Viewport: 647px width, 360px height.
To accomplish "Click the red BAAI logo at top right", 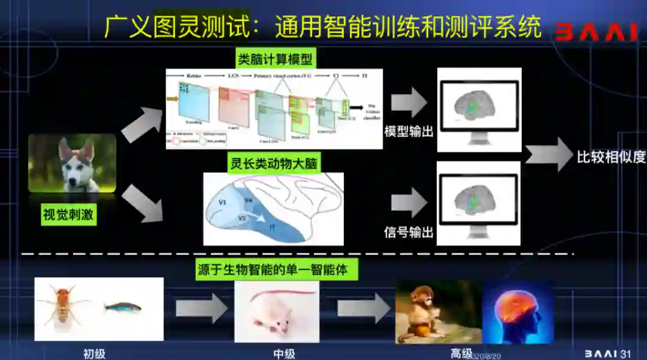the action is [595, 32].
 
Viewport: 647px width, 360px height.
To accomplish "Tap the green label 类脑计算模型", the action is [276, 59].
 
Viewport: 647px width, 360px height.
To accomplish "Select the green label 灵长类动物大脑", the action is [273, 163].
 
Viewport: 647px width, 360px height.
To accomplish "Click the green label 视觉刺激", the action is [68, 214].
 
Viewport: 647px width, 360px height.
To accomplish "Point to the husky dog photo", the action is [72, 162].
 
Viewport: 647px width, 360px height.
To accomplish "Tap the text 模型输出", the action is [409, 131].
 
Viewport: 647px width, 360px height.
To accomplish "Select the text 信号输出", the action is [409, 232].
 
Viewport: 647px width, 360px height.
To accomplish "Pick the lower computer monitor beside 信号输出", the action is [479, 204].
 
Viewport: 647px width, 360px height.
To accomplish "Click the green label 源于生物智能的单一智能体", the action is [273, 270].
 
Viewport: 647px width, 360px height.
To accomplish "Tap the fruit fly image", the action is [63, 307].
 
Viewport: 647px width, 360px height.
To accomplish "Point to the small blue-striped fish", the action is [123, 307].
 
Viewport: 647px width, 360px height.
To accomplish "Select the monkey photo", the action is [437, 311].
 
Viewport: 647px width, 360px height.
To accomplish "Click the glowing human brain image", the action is [517, 311].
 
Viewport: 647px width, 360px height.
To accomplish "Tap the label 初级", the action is [95, 353].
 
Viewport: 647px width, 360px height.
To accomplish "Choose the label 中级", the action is [284, 353].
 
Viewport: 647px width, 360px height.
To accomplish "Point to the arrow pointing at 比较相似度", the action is [548, 155].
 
